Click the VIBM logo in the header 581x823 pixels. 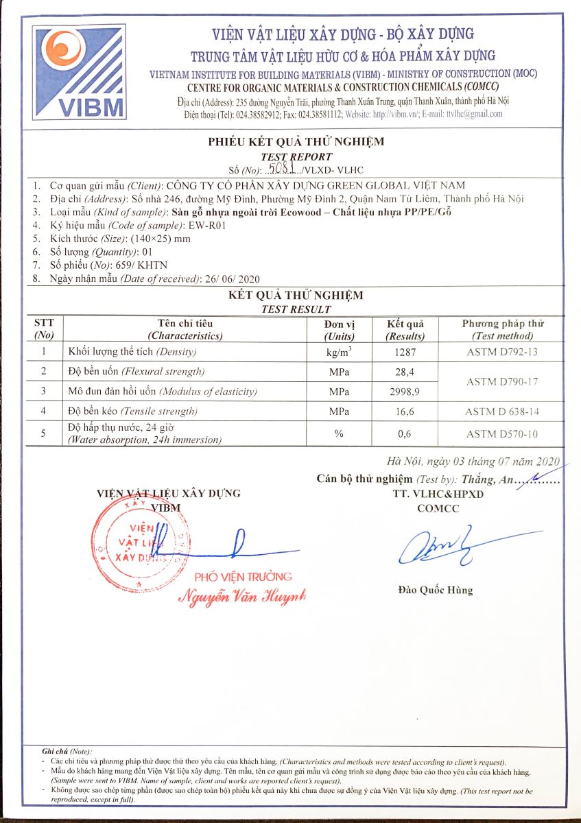tap(82, 72)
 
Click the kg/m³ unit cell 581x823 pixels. tap(339, 353)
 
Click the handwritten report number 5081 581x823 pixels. tap(282, 168)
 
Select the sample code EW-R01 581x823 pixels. tap(209, 225)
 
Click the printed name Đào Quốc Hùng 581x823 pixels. tap(435, 590)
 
